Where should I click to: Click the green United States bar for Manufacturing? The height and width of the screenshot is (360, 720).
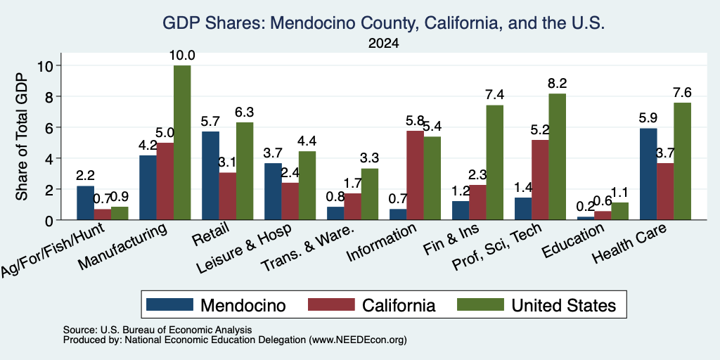[x=182, y=142]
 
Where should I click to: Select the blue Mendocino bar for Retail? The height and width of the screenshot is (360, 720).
[x=210, y=175]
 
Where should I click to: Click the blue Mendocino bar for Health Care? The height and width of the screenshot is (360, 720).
[x=648, y=174]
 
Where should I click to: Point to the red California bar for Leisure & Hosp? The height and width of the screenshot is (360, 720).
[x=290, y=201]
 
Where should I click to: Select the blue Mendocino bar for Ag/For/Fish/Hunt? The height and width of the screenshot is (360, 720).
[x=85, y=202]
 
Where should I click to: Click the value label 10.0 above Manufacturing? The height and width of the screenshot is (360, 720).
[x=183, y=56]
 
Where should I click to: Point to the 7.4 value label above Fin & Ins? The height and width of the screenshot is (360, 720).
[x=495, y=95]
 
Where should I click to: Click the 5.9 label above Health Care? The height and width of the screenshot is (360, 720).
[x=648, y=118]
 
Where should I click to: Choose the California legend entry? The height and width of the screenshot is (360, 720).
[x=372, y=305]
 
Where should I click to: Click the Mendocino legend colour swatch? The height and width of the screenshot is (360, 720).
[x=169, y=304]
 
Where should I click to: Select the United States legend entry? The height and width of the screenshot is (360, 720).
[x=536, y=305]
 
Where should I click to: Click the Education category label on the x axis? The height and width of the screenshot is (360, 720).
[x=572, y=241]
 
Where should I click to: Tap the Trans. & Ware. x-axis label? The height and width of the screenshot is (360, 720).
[x=307, y=248]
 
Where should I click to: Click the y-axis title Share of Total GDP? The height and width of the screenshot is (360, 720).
[x=22, y=136]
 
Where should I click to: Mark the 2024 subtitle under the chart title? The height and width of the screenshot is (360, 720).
[x=383, y=44]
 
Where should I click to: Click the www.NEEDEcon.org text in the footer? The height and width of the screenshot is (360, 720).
[x=358, y=340]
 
